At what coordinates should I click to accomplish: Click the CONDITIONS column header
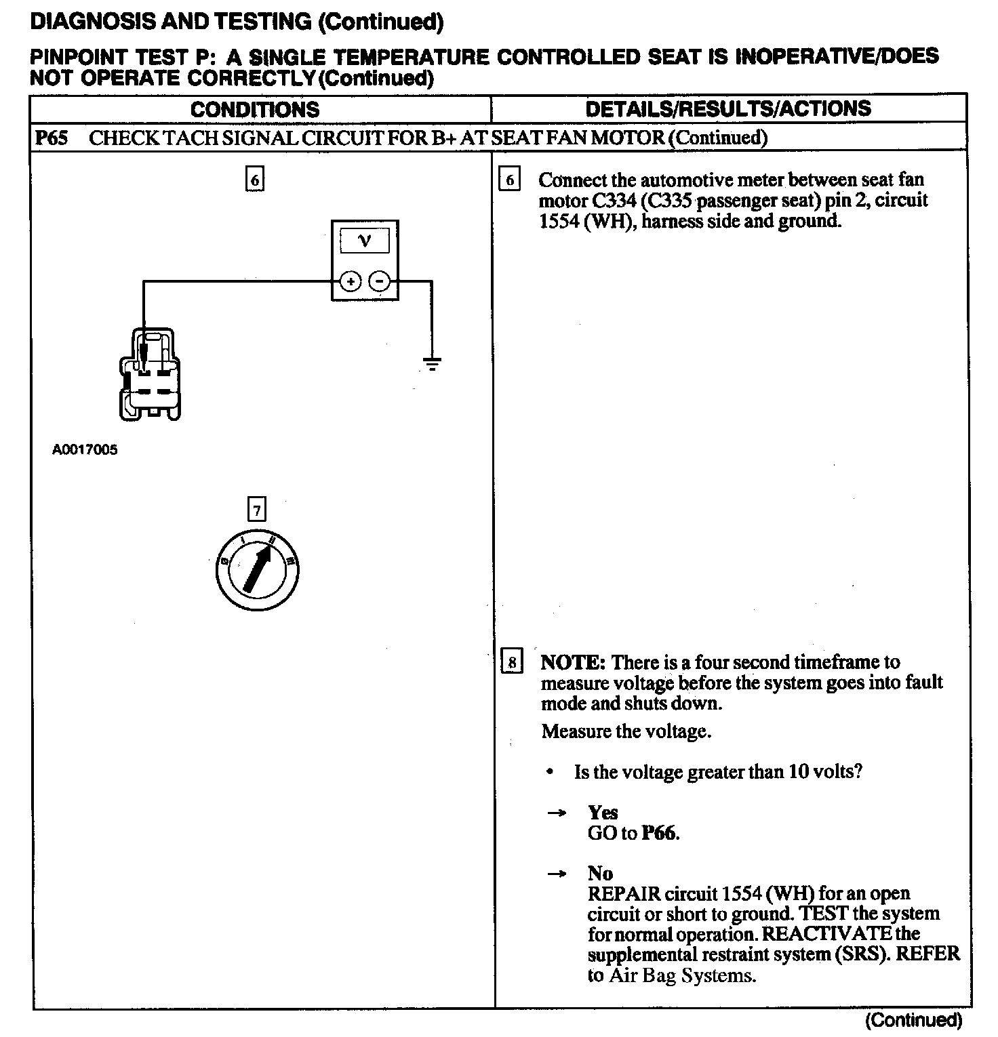[254, 109]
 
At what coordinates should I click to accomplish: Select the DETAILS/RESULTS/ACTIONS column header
[728, 108]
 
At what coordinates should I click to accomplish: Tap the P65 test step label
[52, 138]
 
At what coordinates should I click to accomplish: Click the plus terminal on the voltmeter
[350, 281]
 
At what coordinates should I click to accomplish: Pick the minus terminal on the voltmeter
[380, 281]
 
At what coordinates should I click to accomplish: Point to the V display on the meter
[365, 241]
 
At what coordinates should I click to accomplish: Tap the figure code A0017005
[85, 449]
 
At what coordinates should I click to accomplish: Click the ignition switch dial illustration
[256, 570]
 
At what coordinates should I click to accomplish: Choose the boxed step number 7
[256, 509]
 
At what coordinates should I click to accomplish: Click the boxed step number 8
[512, 661]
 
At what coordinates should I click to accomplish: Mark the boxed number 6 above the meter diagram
[254, 180]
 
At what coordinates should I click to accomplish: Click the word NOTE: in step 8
[572, 662]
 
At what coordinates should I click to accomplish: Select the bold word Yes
[603, 812]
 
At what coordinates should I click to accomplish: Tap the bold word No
[600, 873]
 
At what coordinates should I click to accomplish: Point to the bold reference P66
[660, 833]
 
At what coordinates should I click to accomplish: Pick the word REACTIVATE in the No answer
[826, 934]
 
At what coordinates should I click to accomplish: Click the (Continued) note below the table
[913, 1019]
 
